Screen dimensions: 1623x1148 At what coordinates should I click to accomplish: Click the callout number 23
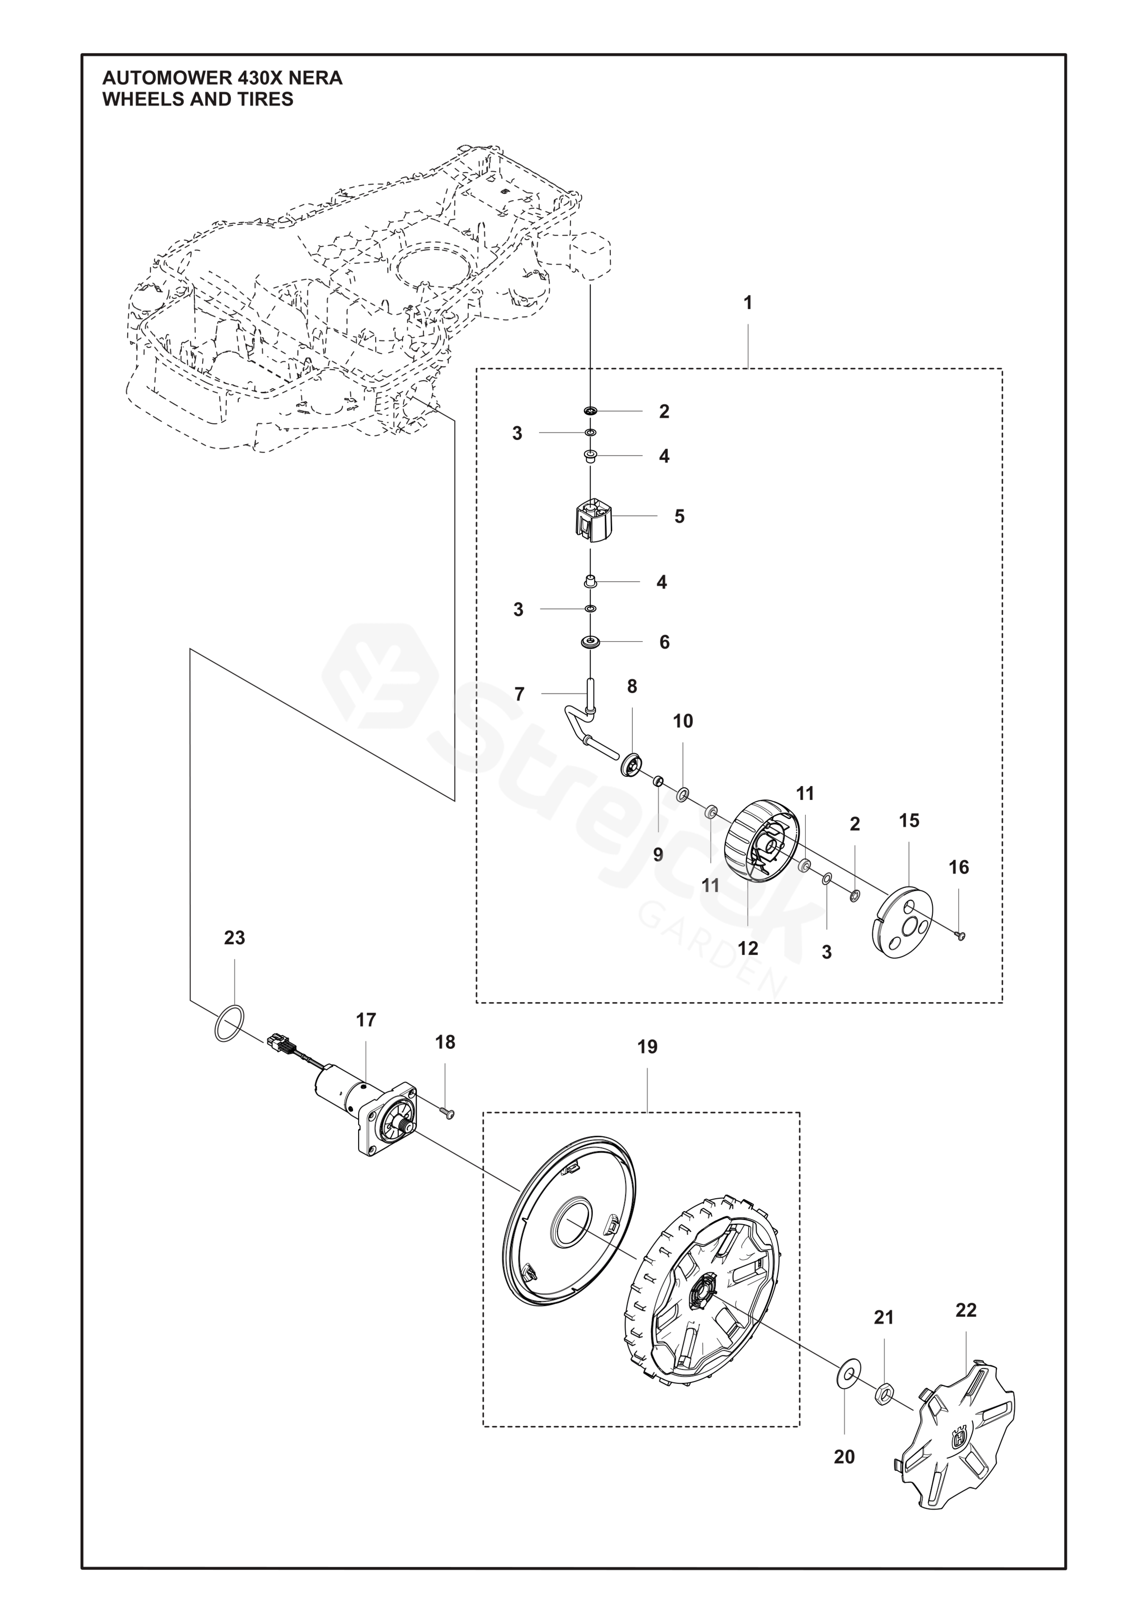click(x=235, y=938)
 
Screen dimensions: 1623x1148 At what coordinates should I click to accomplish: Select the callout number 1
click(x=748, y=303)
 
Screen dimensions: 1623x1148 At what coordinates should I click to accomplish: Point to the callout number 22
click(x=966, y=1310)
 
